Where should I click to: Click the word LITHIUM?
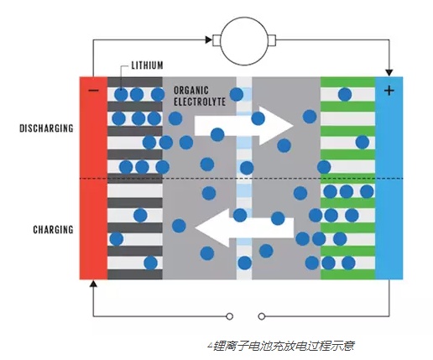click(x=151, y=65)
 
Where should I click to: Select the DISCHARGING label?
click(x=46, y=128)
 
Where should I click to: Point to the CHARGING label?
click(x=53, y=229)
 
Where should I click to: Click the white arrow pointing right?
click(x=243, y=125)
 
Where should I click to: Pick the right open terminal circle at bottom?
click(x=261, y=317)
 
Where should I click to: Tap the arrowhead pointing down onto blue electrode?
click(x=389, y=71)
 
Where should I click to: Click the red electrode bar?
click(x=93, y=185)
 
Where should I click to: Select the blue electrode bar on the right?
click(x=389, y=185)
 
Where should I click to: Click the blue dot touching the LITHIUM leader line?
click(x=122, y=94)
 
